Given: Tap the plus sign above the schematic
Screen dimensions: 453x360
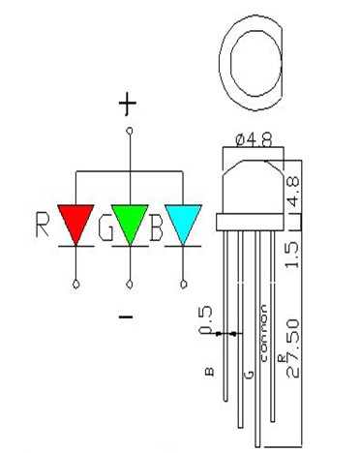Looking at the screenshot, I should pyautogui.click(x=128, y=104).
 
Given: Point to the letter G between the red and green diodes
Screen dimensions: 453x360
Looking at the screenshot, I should pyautogui.click(x=105, y=228).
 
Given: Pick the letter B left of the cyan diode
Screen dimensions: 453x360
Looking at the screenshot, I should pyautogui.click(x=155, y=228).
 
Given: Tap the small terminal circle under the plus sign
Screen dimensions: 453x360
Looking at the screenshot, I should pyautogui.click(x=129, y=130).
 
